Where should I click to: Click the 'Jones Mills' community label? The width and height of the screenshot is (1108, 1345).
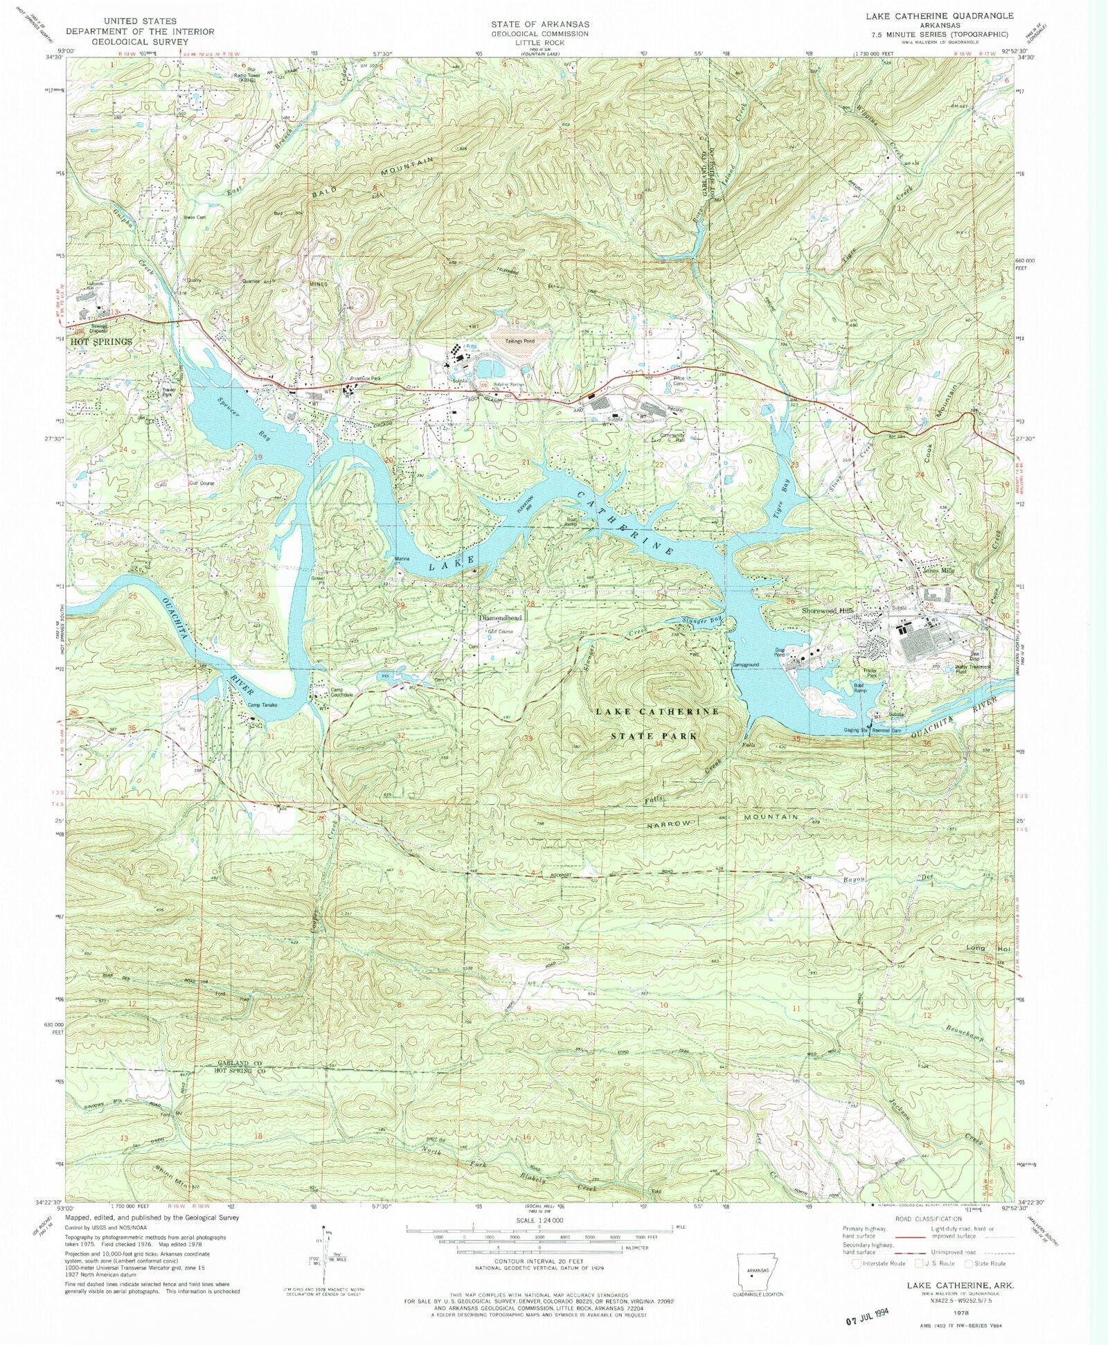click(x=939, y=571)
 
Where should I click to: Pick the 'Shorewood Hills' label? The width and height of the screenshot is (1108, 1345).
click(x=828, y=610)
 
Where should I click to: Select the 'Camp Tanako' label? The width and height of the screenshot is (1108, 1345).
click(x=263, y=705)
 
